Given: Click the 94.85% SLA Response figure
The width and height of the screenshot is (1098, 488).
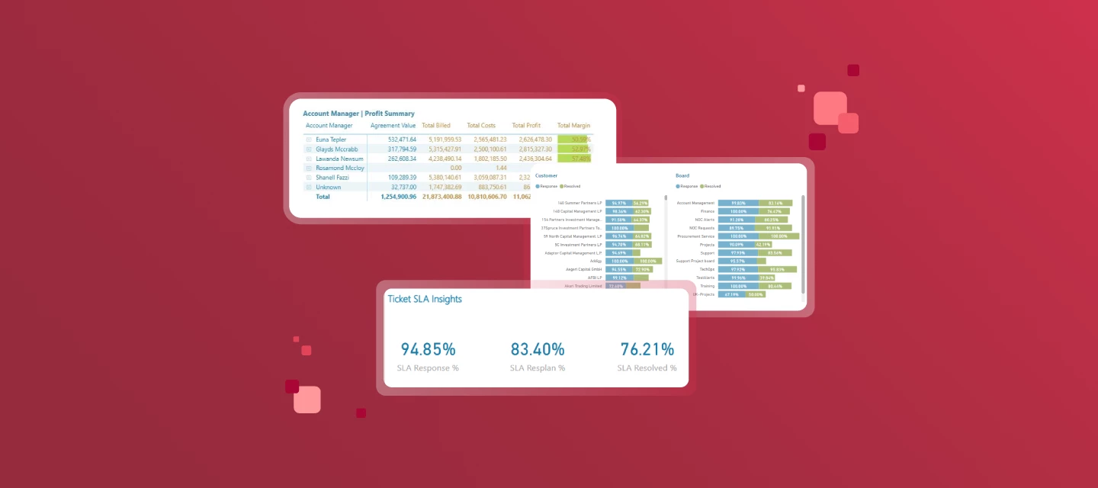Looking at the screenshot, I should pos(428,350).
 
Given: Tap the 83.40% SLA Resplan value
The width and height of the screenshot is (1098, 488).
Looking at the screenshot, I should pos(537,350).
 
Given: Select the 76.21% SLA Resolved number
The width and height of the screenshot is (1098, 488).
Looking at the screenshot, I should pos(647,350).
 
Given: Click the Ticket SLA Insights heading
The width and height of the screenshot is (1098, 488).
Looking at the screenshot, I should pos(424,299).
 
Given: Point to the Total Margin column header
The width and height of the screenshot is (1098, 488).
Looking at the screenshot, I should pos(574,126).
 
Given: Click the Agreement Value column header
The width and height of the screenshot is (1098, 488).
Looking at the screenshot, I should pos(393,126).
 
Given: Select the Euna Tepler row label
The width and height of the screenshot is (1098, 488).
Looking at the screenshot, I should pos(331,140).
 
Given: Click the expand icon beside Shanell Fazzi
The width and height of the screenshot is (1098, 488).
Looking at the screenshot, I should pos(309,178).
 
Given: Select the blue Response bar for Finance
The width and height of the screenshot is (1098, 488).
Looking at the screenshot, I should pos(737,211).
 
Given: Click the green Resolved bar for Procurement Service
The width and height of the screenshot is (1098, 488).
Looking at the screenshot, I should pos(779,236).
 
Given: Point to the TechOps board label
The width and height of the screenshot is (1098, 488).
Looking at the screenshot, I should pos(706,269).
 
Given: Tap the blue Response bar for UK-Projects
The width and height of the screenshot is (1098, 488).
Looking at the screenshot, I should pos(732,294).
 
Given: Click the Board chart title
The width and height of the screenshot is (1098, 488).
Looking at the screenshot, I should pos(682,175).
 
